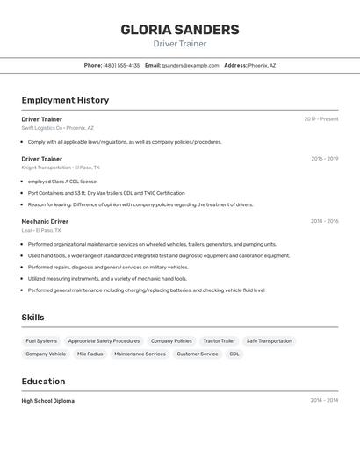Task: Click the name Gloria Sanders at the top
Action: (x=180, y=29)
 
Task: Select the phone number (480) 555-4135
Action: (x=121, y=65)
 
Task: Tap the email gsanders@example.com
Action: (x=190, y=65)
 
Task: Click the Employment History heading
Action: (x=65, y=100)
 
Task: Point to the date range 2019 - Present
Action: (x=320, y=119)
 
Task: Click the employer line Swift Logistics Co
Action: (x=57, y=128)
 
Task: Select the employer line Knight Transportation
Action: (x=61, y=168)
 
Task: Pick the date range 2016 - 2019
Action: (x=324, y=159)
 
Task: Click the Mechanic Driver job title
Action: (x=45, y=221)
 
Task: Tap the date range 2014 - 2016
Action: (x=324, y=221)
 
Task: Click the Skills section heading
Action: (x=32, y=318)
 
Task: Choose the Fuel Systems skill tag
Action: (x=41, y=341)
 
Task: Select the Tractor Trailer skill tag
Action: (x=219, y=341)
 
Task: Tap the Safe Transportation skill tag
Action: (x=269, y=341)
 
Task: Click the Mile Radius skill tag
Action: (x=90, y=354)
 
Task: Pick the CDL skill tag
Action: (x=234, y=354)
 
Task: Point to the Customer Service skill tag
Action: (x=198, y=354)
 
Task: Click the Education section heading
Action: (x=43, y=382)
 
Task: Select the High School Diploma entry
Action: (x=47, y=401)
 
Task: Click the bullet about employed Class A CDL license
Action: (x=62, y=182)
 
